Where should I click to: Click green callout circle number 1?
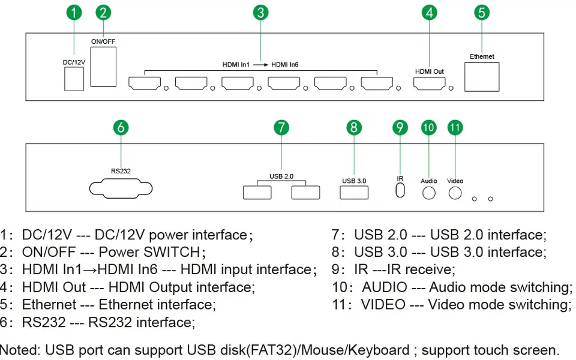74,13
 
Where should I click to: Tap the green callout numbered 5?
482,13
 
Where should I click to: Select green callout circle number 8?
354,127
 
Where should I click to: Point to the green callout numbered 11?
455,127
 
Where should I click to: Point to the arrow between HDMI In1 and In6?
260,65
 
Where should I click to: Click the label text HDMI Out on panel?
429,71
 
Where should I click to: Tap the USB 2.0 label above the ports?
281,176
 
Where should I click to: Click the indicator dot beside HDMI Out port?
451,88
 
